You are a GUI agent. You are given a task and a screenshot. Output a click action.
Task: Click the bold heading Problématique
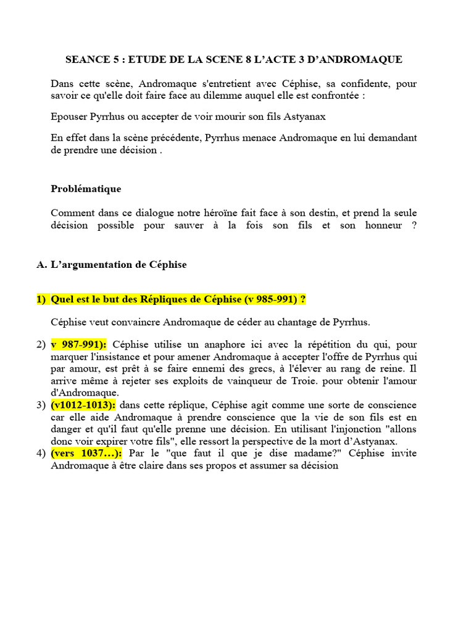86,189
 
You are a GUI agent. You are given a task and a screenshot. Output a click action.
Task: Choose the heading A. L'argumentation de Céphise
111,264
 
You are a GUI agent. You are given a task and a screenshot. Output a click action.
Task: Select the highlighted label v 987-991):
79,344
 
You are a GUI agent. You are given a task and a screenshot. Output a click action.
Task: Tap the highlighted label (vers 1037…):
86,454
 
